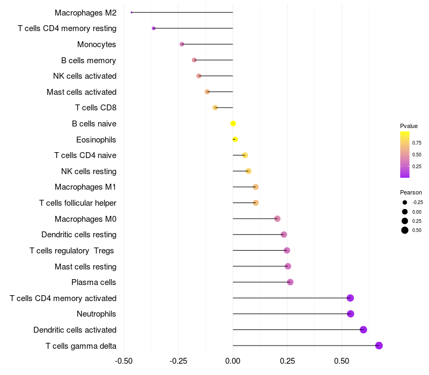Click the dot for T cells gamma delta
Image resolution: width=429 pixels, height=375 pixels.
[379, 346]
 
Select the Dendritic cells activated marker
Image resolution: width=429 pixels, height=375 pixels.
[363, 329]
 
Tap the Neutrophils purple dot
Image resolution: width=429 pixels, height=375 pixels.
[351, 314]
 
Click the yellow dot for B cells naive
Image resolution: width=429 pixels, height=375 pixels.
[233, 124]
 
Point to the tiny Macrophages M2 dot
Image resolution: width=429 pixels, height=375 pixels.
[131, 12]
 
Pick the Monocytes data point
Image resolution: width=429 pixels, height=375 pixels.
[182, 44]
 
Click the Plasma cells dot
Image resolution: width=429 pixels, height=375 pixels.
[290, 282]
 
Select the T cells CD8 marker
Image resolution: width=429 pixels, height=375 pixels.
[215, 108]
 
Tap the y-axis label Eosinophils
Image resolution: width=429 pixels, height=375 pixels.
[96, 140]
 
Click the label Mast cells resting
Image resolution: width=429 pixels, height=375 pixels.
[85, 266]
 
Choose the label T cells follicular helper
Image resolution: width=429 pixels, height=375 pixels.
[78, 203]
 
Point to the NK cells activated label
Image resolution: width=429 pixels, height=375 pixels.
[85, 76]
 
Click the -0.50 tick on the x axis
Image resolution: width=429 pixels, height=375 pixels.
[124, 362]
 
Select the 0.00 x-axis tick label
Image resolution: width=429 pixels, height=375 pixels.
[233, 362]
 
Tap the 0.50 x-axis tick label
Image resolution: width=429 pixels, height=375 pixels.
[342, 362]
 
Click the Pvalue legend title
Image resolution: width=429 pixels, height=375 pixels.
[409, 126]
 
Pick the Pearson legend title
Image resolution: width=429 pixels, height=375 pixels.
[411, 192]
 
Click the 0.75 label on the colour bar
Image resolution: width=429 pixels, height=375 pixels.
[417, 143]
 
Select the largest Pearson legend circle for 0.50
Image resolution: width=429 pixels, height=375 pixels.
[405, 230]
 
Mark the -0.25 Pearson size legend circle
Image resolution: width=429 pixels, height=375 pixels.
[405, 202]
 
